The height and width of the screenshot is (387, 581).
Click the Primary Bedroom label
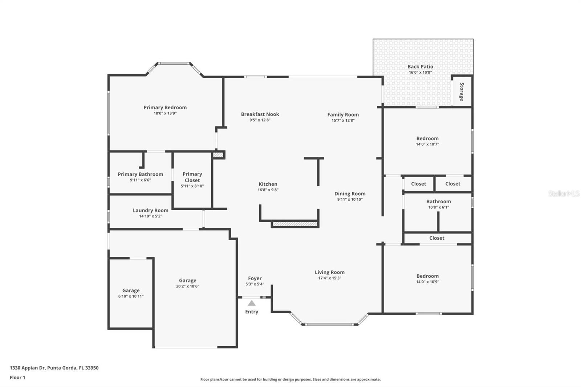coord(165,107)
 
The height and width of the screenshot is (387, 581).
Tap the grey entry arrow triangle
coord(252,303)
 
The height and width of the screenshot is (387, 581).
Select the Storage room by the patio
coord(462,91)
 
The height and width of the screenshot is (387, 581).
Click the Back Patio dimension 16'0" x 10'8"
coord(420,72)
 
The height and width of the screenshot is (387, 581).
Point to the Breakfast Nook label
coord(260,114)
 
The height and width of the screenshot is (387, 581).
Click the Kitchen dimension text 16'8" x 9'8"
coord(268,190)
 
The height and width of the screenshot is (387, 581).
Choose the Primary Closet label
coord(192,177)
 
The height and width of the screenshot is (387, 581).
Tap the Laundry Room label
coord(150,210)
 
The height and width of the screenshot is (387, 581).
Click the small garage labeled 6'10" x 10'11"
coord(131,293)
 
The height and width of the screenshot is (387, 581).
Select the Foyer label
coord(255,278)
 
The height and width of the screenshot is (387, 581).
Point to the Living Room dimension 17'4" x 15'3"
coord(329,278)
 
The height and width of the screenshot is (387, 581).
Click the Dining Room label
coord(350,193)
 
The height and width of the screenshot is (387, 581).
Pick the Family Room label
coord(343,114)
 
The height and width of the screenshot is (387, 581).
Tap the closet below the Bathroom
coord(436,238)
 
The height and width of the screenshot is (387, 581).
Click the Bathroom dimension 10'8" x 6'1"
coord(438,207)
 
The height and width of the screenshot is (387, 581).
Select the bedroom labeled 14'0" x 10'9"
coord(427,278)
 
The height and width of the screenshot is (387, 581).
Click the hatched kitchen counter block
coord(295,224)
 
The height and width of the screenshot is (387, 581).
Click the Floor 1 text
coord(17,378)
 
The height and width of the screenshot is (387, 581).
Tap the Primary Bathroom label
coord(140,174)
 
